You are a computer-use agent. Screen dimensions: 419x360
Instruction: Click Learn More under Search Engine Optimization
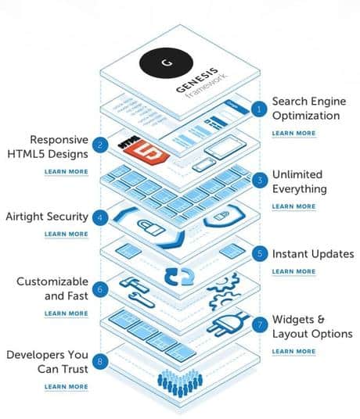(294, 134)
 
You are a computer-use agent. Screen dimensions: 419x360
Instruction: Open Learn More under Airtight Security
(67, 234)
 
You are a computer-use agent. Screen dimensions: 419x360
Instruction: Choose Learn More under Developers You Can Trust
(67, 386)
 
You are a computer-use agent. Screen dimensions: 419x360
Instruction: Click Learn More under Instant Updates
(294, 271)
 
